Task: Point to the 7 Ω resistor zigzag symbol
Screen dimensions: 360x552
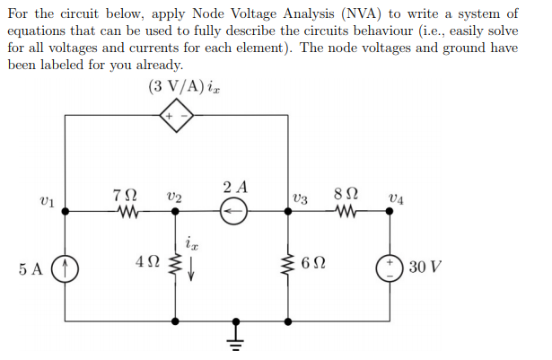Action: pos(124,213)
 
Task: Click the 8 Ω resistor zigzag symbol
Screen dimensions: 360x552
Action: pos(338,213)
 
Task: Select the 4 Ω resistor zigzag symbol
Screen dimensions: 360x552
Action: pos(175,267)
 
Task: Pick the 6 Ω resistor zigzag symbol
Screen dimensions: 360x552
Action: pos(288,267)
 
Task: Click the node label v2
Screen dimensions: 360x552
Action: pos(174,198)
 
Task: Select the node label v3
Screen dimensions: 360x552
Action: pos(301,198)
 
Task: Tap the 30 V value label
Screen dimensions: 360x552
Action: pos(423,268)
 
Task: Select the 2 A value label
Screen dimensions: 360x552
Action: pos(236,189)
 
